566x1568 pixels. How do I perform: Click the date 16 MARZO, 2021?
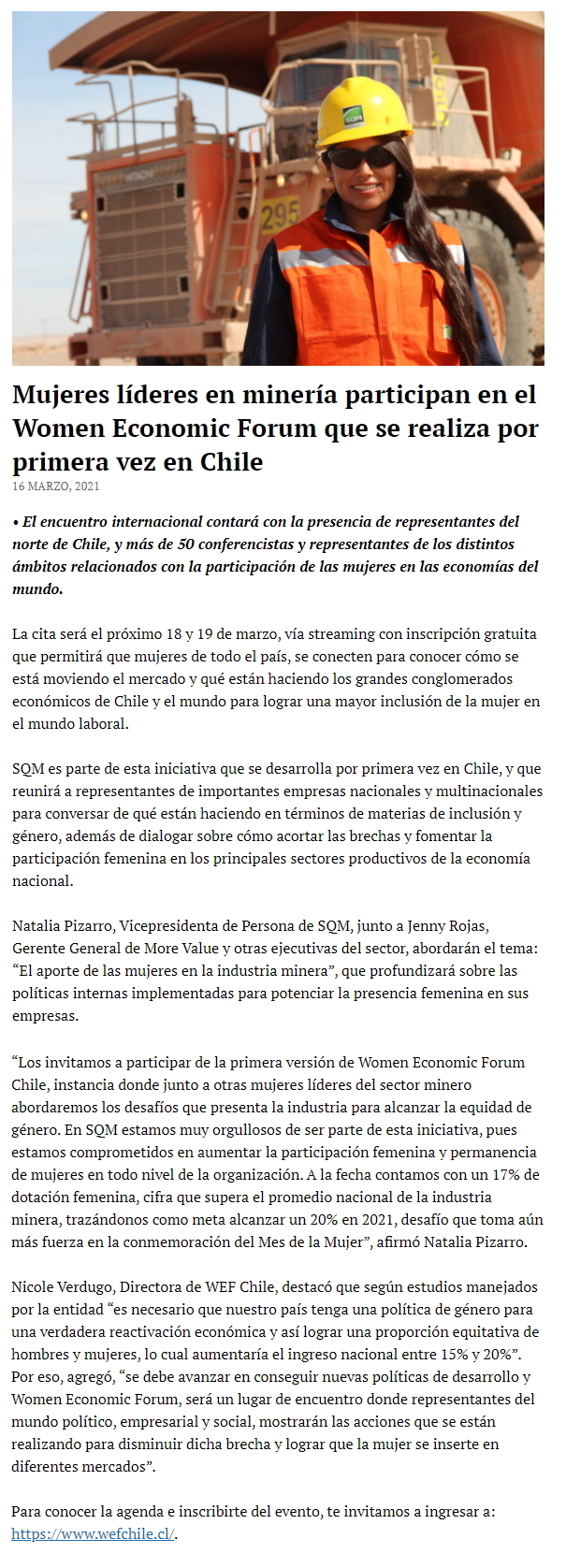point(56,486)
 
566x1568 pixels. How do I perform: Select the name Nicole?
point(36,1287)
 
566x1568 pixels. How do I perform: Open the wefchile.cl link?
point(94,1534)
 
